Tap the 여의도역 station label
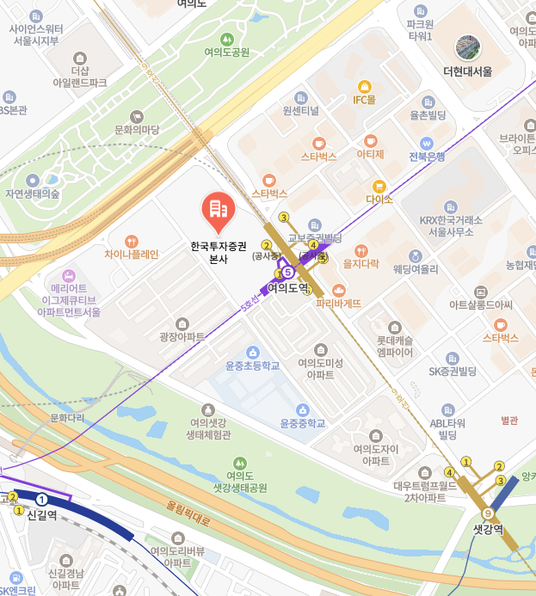click(287, 289)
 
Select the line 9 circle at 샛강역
click(489, 513)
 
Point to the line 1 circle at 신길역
click(41, 500)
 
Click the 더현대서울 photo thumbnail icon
click(468, 48)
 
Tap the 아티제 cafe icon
click(371, 140)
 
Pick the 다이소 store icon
click(379, 186)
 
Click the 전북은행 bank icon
click(426, 143)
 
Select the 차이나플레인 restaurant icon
click(132, 242)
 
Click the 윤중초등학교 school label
click(253, 366)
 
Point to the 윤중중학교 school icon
click(302, 409)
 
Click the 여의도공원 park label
click(227, 52)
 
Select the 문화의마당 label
click(137, 130)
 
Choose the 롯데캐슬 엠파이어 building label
click(395, 346)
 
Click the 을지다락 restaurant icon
click(361, 250)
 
